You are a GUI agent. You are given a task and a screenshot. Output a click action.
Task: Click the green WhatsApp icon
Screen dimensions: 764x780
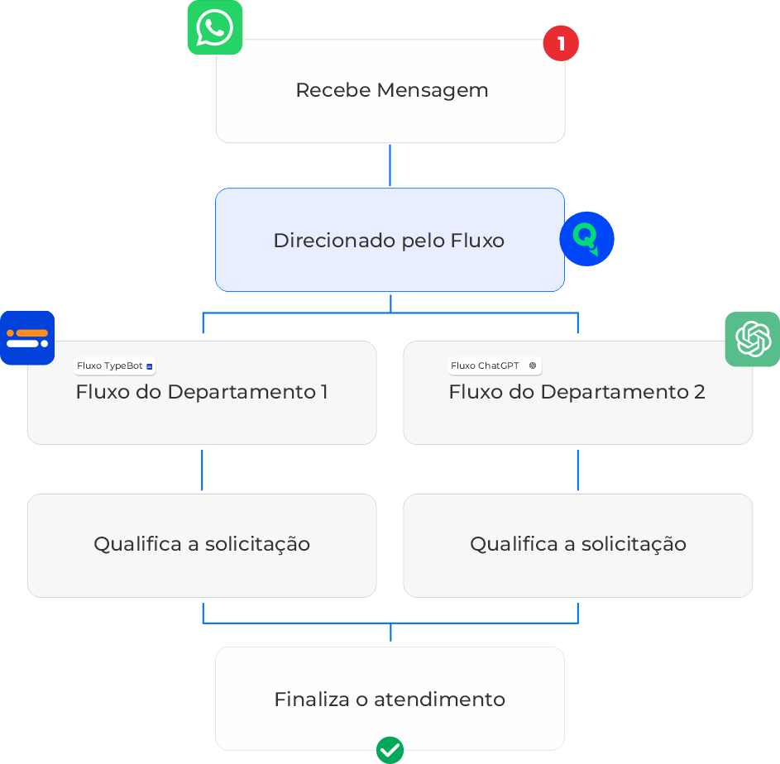pyautogui.click(x=214, y=27)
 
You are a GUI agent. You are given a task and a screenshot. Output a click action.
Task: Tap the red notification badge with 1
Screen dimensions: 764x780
pyautogui.click(x=561, y=43)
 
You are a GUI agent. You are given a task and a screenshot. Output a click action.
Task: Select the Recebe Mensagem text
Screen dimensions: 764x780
pyautogui.click(x=391, y=90)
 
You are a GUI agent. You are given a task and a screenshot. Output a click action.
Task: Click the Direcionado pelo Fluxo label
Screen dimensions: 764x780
pyautogui.click(x=389, y=241)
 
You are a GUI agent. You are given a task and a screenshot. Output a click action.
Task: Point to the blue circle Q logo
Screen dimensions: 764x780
pyautogui.click(x=586, y=239)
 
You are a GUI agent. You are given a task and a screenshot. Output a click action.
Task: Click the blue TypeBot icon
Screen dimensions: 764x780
pyautogui.click(x=27, y=337)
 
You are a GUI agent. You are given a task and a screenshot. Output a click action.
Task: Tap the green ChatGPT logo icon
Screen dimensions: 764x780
pyautogui.click(x=753, y=339)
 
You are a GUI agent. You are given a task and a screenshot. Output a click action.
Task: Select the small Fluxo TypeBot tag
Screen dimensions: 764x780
pyautogui.click(x=115, y=365)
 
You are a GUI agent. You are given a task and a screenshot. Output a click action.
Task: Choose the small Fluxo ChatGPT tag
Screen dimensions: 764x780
pyautogui.click(x=494, y=365)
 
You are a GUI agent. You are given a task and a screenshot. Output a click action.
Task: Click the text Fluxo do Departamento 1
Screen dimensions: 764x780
pyautogui.click(x=201, y=392)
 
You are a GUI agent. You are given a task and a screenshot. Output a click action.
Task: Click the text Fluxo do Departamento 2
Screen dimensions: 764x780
pyautogui.click(x=577, y=392)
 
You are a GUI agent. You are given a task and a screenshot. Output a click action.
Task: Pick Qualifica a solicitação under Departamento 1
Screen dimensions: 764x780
pyautogui.click(x=201, y=544)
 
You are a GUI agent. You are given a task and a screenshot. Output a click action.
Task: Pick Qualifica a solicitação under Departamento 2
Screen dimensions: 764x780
pyautogui.click(x=577, y=544)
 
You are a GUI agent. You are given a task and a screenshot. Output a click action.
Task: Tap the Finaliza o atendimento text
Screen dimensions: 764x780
pyautogui.click(x=389, y=700)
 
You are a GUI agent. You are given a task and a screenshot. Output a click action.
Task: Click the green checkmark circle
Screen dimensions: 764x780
pyautogui.click(x=390, y=750)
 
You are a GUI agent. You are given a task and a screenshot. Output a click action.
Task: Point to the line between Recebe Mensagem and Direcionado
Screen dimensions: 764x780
pyautogui.click(x=390, y=165)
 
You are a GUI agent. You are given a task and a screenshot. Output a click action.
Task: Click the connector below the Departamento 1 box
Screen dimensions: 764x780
pyautogui.click(x=202, y=470)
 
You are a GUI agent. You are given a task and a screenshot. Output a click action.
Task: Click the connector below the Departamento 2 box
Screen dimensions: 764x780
pyautogui.click(x=577, y=470)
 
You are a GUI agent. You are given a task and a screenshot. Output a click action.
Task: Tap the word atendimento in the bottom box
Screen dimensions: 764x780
pyautogui.click(x=439, y=700)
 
